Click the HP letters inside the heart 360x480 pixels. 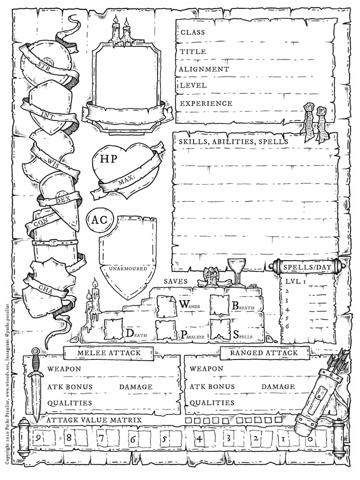(x=109, y=159)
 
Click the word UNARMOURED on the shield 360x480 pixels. (x=127, y=269)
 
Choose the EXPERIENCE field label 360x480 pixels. (x=206, y=103)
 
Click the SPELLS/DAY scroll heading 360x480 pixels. (x=307, y=267)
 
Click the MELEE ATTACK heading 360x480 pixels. (x=108, y=352)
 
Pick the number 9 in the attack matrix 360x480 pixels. (x=37, y=439)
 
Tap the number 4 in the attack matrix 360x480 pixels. (x=199, y=439)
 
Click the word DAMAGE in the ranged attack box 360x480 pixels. (x=278, y=387)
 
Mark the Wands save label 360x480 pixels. (x=189, y=305)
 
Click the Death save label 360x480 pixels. (x=136, y=334)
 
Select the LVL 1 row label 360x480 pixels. (x=295, y=282)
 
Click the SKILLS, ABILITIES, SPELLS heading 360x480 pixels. (x=233, y=142)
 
